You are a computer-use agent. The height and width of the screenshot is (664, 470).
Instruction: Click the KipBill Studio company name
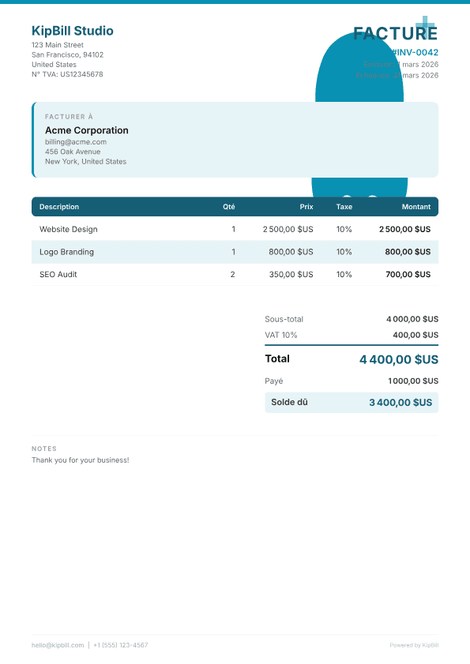click(73, 31)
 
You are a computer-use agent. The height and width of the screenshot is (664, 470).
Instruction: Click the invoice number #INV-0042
click(415, 52)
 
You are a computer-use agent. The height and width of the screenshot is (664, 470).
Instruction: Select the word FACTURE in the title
click(395, 33)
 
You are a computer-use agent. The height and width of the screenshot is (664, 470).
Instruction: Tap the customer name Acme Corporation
click(86, 130)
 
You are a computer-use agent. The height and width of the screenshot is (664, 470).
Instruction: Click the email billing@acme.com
click(76, 142)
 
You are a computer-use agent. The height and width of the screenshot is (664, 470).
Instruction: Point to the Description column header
click(59, 207)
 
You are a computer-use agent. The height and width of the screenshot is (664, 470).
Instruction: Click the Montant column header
click(416, 207)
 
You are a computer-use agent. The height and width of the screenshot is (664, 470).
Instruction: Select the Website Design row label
click(69, 229)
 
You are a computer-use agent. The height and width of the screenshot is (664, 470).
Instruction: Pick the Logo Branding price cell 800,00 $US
click(291, 252)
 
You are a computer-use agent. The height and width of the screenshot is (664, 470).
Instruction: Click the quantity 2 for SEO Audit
click(232, 275)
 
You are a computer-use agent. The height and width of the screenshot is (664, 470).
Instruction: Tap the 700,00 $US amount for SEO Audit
click(408, 275)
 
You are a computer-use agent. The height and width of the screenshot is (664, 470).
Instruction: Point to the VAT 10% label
click(281, 335)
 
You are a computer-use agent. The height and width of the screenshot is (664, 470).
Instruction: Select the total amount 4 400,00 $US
click(398, 359)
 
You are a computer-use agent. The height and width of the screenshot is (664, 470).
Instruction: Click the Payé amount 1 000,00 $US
click(412, 381)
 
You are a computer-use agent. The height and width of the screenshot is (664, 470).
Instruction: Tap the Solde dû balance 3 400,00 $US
click(400, 403)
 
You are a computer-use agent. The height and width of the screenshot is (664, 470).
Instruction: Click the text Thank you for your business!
click(80, 460)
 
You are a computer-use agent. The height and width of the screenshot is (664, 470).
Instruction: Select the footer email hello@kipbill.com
click(58, 645)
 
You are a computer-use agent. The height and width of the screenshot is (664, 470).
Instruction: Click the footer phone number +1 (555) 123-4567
click(120, 645)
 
